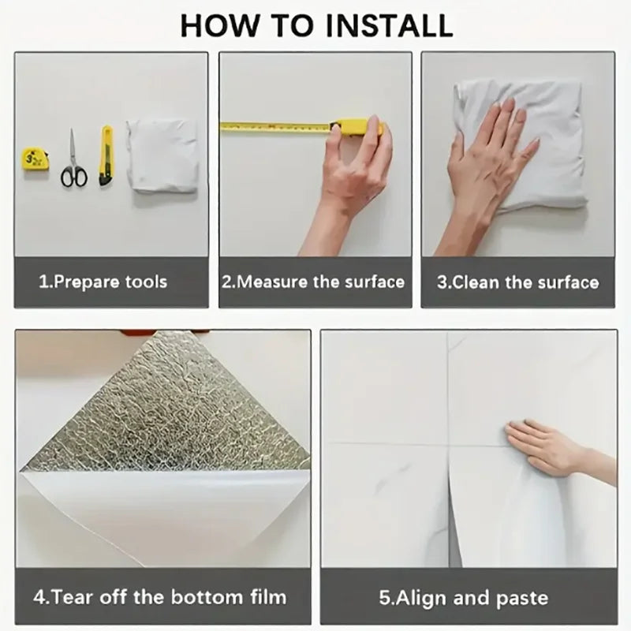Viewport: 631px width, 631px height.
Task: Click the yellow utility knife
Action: pos(105,155)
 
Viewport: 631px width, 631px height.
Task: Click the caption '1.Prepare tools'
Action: pos(103,282)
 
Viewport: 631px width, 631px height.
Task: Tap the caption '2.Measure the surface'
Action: pos(313,282)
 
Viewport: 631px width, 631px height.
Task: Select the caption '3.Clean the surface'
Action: pos(518,282)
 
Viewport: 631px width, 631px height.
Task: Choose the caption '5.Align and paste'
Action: pos(463,596)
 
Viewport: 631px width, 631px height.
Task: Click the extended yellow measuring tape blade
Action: pos(276,126)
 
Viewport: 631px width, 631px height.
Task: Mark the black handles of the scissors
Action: pos(73,176)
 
